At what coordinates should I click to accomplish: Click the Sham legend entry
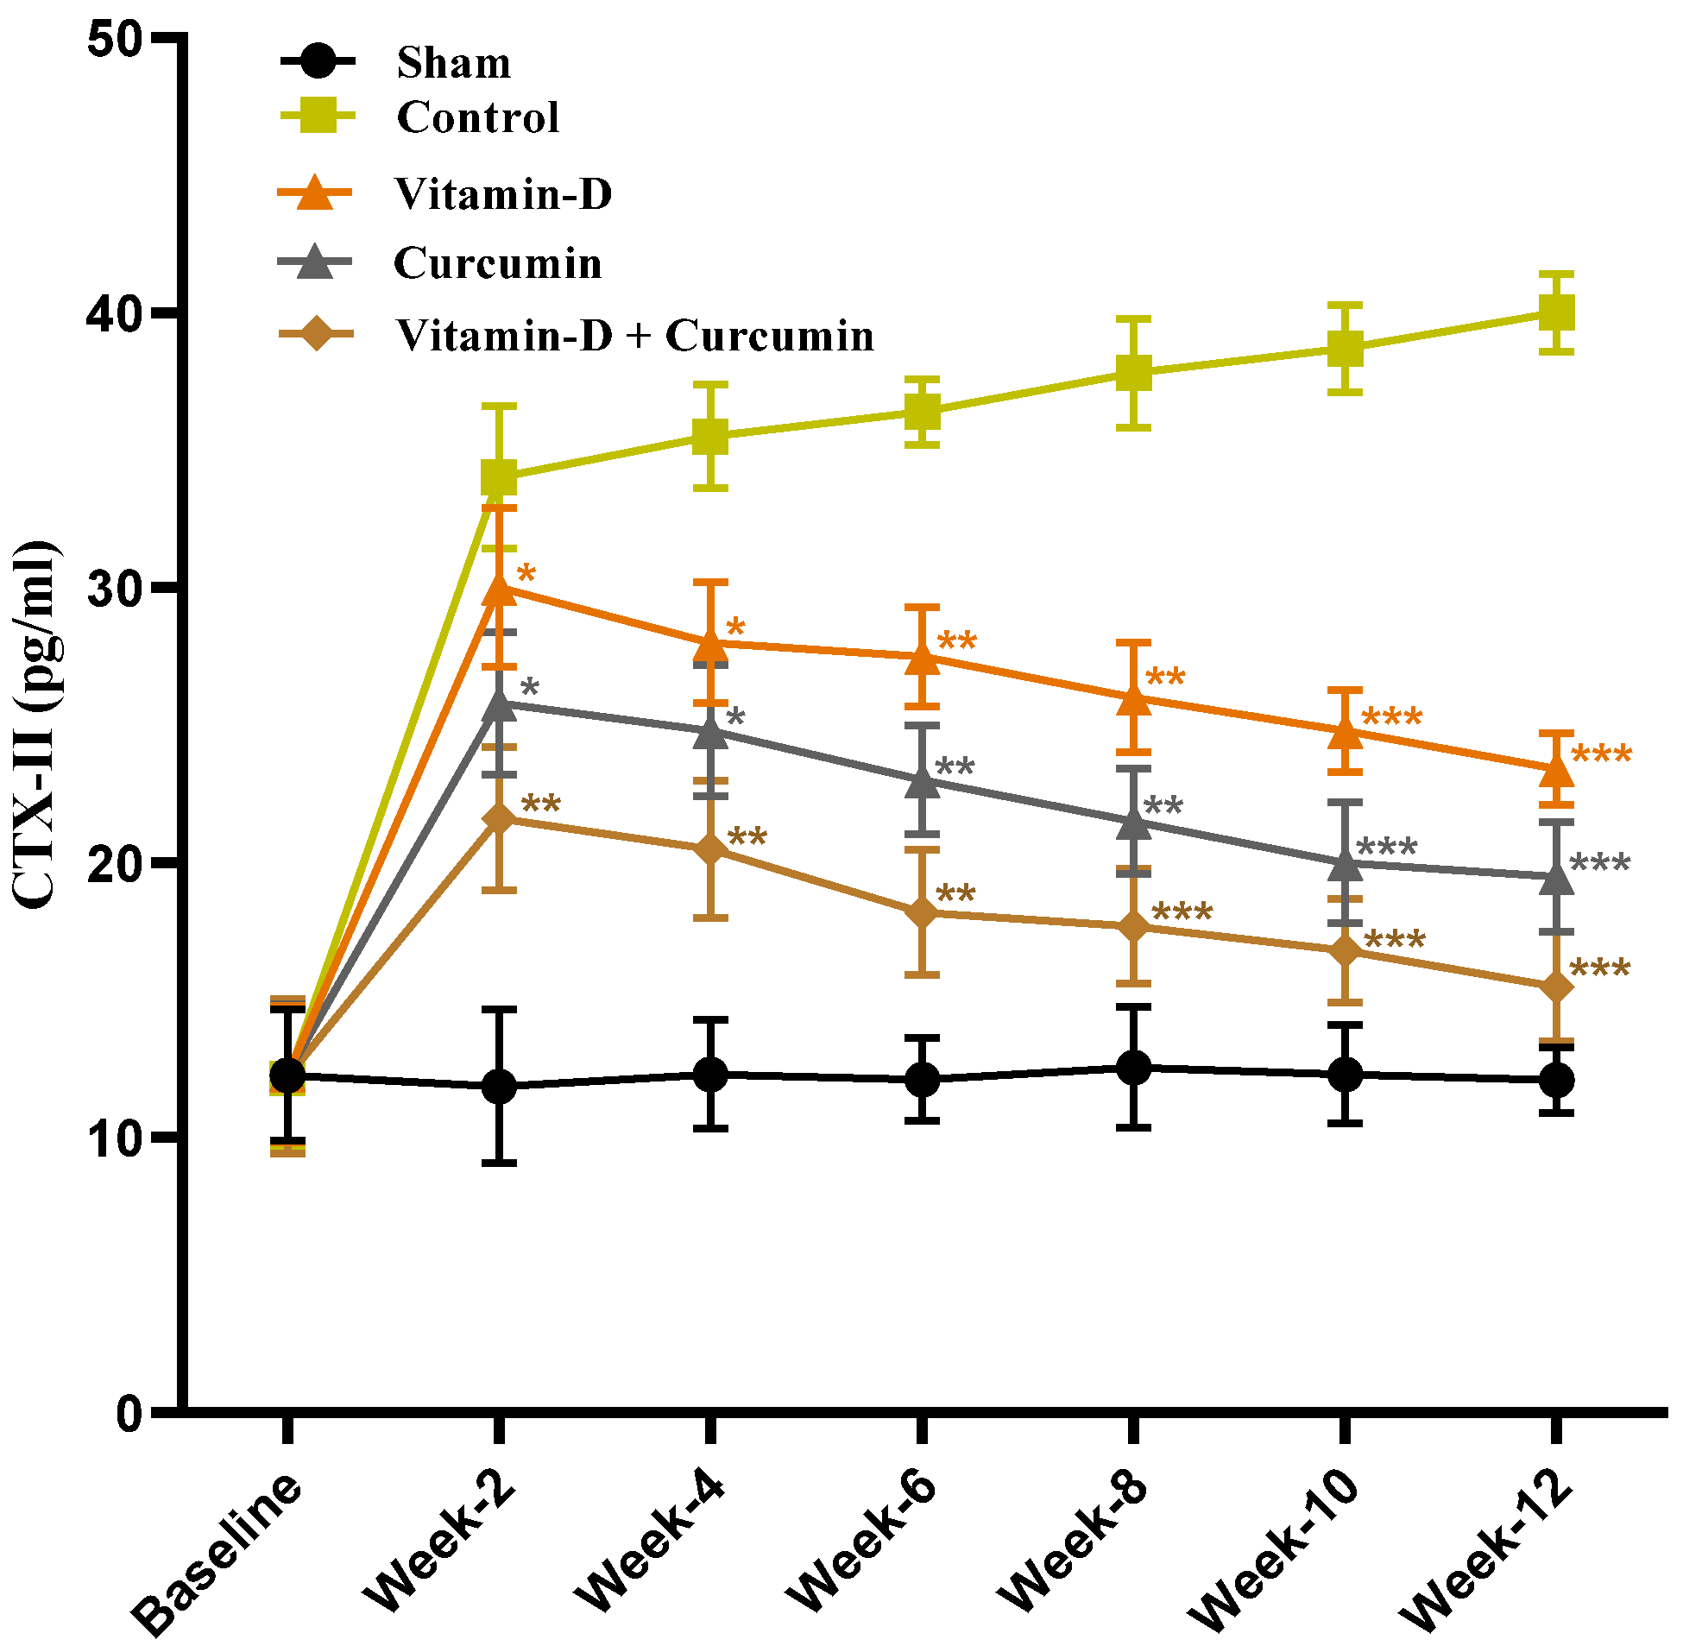coord(453,63)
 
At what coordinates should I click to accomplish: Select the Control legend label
coord(477,117)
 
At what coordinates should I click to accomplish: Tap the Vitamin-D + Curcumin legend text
coord(634,336)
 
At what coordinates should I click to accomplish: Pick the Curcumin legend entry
coord(497,262)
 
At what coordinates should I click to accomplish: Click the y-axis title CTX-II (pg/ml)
coord(36,726)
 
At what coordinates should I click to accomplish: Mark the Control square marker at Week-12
coord(1556,312)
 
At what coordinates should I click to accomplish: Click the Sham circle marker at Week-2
coord(499,1086)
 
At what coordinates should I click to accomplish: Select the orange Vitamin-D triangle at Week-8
coord(1134,699)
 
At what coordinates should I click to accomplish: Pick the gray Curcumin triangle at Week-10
coord(1345,863)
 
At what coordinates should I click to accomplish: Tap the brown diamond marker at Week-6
coord(923,913)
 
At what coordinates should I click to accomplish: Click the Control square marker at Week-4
coord(710,437)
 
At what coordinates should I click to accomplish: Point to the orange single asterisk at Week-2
coord(526,574)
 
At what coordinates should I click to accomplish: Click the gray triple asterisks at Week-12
coord(1600,863)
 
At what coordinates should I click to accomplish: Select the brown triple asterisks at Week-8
coord(1182,912)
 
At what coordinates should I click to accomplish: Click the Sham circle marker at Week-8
coord(1134,1068)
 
